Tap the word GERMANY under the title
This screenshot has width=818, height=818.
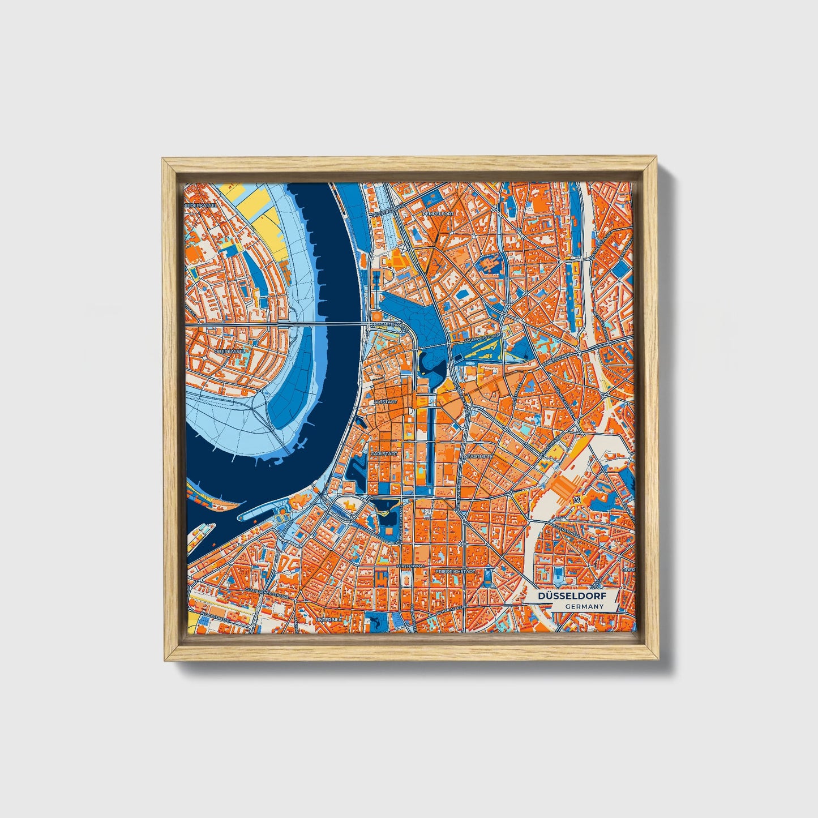click(583, 606)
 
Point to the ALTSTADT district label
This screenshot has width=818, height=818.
click(386, 401)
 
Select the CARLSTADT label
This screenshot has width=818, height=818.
click(384, 454)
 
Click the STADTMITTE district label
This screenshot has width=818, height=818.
click(479, 455)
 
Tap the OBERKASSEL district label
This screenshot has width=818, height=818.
click(229, 352)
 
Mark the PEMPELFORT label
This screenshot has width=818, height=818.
click(439, 214)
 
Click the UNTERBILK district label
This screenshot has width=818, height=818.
click(329, 620)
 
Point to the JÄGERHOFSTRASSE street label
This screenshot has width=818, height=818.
click(481, 337)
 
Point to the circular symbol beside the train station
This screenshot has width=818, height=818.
click(576, 500)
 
